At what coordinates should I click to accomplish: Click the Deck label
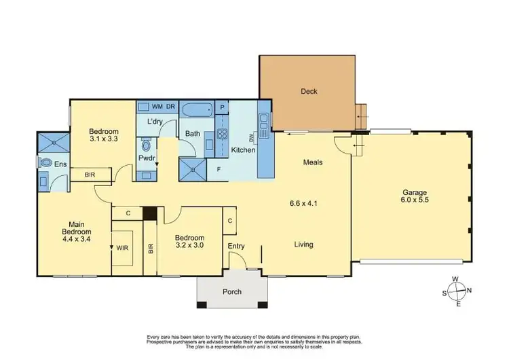pyautogui.click(x=309, y=91)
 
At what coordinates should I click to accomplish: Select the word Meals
pyautogui.click(x=312, y=162)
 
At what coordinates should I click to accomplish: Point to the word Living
pyautogui.click(x=303, y=245)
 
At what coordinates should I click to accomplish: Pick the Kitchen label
pyautogui.click(x=244, y=150)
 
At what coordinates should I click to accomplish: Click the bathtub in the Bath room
pyautogui.click(x=197, y=107)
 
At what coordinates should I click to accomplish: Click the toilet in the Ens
pyautogui.click(x=45, y=163)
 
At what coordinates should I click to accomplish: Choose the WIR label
pyautogui.click(x=123, y=249)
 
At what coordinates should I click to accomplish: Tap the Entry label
pyautogui.click(x=237, y=246)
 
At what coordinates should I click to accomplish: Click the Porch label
pyautogui.click(x=231, y=292)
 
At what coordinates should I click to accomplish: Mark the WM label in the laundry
pyautogui.click(x=156, y=107)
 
